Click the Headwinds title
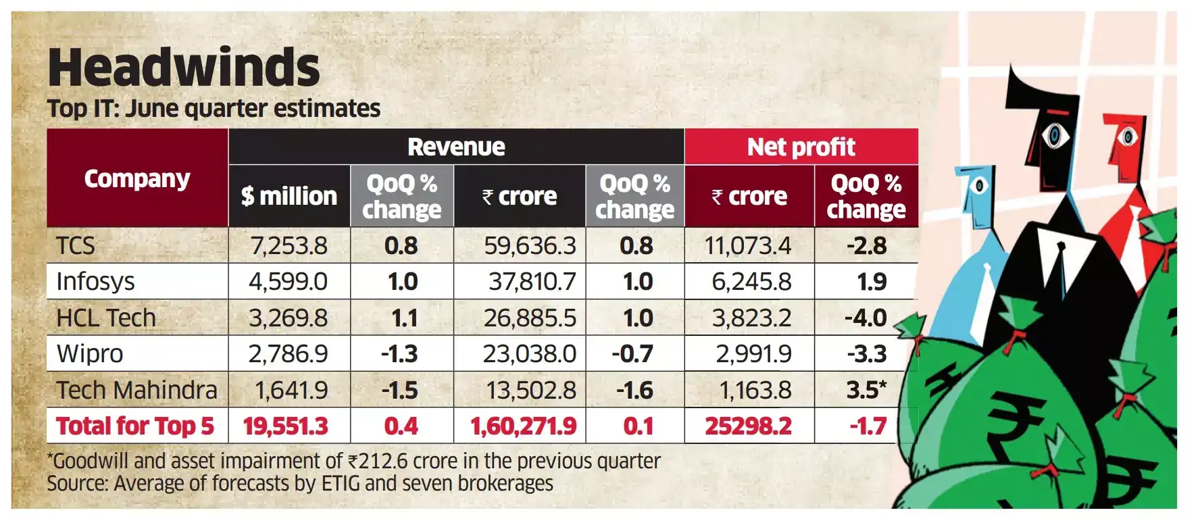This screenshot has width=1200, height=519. tap(184, 68)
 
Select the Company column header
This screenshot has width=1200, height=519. tap(137, 179)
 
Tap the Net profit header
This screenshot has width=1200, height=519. tap(801, 147)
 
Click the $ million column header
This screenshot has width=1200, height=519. tap(289, 196)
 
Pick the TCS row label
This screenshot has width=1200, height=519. tap(76, 245)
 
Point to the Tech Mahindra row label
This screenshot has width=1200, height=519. tap(136, 390)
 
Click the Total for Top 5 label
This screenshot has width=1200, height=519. tap(134, 426)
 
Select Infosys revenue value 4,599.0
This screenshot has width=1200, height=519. tap(288, 281)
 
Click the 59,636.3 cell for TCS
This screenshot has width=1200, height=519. tap(530, 245)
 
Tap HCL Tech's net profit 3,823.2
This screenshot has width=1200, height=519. tap(751, 318)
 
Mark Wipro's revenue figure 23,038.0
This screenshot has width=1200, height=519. tap(529, 353)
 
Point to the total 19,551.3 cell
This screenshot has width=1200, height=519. tap(285, 426)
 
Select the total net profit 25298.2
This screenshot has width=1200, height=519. tap(748, 426)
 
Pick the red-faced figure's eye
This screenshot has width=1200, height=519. tap(1126, 137)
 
